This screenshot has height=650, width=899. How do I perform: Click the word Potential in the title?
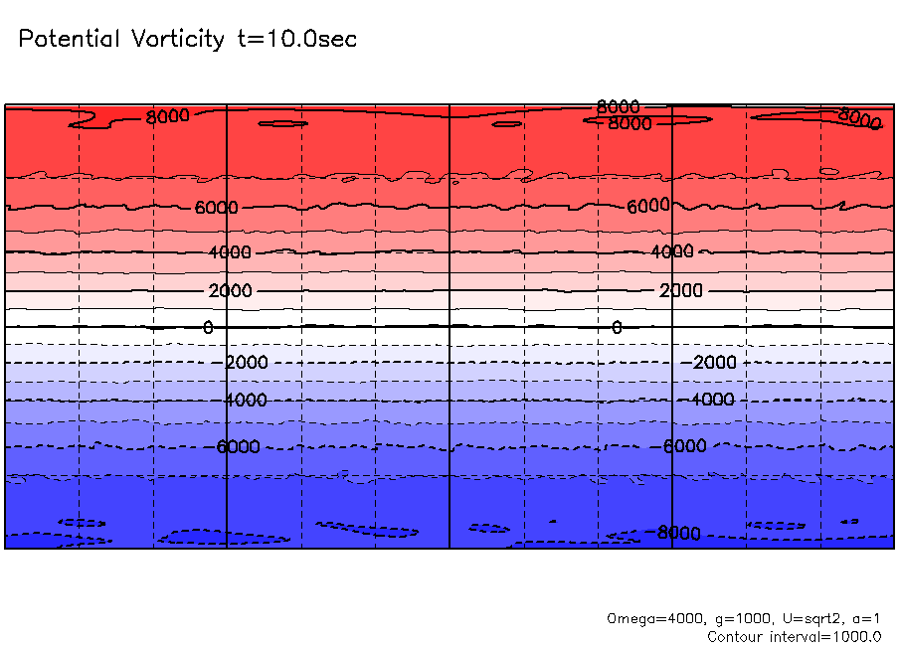pyautogui.click(x=70, y=40)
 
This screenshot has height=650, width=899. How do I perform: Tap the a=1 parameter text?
pyautogui.click(x=862, y=618)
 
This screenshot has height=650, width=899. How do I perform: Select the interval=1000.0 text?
pyautogui.click(x=830, y=636)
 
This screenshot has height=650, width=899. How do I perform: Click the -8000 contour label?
pyautogui.click(x=677, y=534)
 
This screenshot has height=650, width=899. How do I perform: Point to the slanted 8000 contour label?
pyautogui.click(x=860, y=118)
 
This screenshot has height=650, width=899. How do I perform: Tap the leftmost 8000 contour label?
pyautogui.click(x=167, y=117)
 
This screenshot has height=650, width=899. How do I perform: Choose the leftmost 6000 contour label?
pyautogui.click(x=216, y=208)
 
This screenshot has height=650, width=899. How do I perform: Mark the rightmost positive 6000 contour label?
pyautogui.click(x=649, y=206)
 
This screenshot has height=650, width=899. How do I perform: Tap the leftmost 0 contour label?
pyautogui.click(x=208, y=327)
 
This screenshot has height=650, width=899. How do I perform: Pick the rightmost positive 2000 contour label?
pyautogui.click(x=681, y=290)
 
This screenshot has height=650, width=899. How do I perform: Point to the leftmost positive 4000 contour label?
pyautogui.click(x=230, y=252)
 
